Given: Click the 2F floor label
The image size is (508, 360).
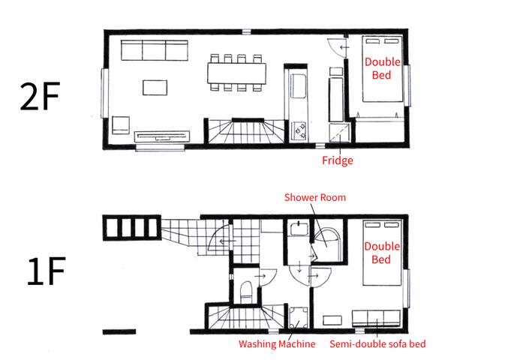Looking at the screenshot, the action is [x=40, y=96].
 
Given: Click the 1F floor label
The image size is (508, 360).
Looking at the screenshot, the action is [x=46, y=271].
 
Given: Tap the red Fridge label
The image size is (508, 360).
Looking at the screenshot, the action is [x=337, y=160].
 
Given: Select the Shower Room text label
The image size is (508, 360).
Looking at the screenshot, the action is [x=315, y=197].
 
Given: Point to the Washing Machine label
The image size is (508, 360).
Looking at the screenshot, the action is [x=277, y=343].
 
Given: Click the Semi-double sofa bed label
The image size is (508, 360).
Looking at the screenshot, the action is [x=377, y=343].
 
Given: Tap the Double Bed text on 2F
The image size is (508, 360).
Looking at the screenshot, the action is [x=382, y=68].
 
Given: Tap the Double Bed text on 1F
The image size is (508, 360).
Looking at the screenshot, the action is [x=382, y=253].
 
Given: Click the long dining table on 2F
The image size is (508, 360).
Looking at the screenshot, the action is [x=237, y=73].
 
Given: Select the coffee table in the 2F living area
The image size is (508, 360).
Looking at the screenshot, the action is [x=155, y=88].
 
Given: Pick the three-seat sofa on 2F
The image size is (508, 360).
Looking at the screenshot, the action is [x=155, y=50].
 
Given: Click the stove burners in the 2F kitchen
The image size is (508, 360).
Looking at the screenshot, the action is [x=299, y=130].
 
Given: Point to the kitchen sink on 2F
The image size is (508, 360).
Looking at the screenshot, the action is [x=299, y=86].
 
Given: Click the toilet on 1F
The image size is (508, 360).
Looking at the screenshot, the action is [x=246, y=291].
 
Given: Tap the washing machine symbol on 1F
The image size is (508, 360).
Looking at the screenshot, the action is [x=299, y=317].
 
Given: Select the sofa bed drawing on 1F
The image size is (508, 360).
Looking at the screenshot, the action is [x=376, y=318].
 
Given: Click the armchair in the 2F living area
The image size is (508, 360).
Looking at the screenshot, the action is [x=121, y=125].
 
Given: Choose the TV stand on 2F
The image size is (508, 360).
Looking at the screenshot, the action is [x=162, y=136].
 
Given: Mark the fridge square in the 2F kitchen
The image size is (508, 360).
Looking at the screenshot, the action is [x=339, y=133].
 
